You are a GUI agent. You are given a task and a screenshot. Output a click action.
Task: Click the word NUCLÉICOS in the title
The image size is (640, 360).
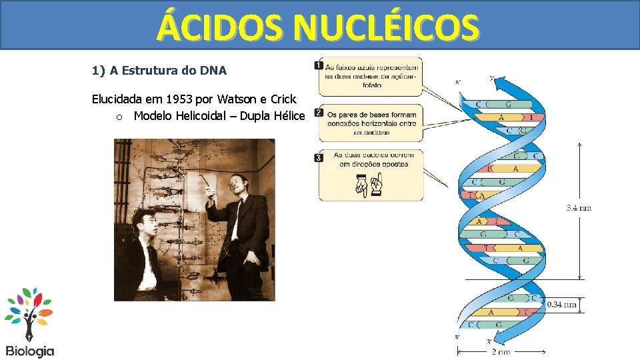tap(386, 27)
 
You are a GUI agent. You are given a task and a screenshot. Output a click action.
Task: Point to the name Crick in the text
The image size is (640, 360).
tap(283, 99)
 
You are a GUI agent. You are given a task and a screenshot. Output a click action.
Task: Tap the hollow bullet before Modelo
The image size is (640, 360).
tap(118, 117)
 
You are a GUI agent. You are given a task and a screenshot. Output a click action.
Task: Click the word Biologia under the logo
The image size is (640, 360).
tap(30, 351)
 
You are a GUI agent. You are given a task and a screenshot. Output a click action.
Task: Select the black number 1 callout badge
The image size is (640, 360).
tap(318, 65)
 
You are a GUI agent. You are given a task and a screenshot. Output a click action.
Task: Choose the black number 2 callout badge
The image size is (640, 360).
tap(318, 113)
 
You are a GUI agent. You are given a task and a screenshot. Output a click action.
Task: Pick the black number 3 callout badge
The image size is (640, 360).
tap(318, 157)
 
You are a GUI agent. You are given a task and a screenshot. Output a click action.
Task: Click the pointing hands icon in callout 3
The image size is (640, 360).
tap(369, 183)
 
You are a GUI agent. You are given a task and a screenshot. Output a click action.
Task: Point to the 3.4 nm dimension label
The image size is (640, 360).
tap(579, 208)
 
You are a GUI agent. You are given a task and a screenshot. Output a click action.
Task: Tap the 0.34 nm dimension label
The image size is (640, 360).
tap(561, 305)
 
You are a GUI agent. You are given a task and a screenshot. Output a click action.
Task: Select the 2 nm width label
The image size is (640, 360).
tap(500, 351)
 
